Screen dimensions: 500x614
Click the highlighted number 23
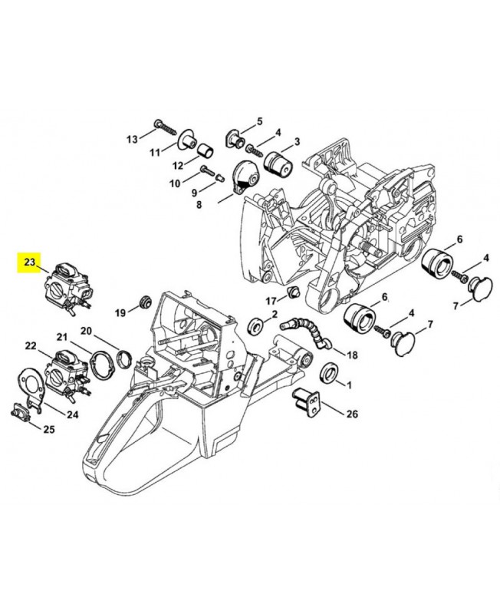point(30,262)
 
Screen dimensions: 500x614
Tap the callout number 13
point(132,139)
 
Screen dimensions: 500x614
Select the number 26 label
point(352,414)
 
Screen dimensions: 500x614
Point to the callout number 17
point(271,301)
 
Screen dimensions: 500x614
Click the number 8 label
point(199,204)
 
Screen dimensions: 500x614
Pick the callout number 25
point(48,430)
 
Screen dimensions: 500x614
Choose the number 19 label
point(120,313)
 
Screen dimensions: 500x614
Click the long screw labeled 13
point(166,127)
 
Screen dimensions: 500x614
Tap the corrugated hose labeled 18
point(306,332)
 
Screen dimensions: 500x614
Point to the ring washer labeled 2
point(256,325)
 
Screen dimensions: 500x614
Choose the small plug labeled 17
point(293,292)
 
